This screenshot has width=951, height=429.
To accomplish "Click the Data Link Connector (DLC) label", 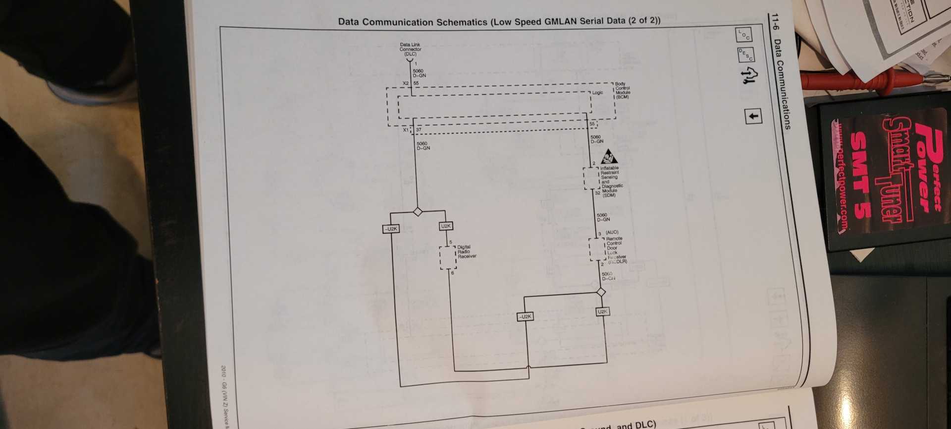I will [410, 49].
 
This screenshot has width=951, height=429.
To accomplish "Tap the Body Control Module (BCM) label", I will [622, 90].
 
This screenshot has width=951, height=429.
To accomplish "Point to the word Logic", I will [597, 93].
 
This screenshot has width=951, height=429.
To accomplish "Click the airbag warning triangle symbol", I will [609, 158].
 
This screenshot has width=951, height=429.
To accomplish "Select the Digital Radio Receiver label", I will [467, 251].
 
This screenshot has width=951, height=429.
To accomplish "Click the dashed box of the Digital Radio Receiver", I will [448, 258].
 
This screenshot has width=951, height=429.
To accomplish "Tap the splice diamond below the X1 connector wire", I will [418, 212].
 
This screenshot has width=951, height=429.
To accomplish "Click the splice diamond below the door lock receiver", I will [601, 292].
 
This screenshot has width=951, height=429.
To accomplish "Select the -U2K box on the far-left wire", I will [391, 229].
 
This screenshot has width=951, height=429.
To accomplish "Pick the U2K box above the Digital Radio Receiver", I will [446, 226].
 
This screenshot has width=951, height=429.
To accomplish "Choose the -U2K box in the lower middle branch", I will [525, 316].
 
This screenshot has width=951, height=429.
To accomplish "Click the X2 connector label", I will [406, 83].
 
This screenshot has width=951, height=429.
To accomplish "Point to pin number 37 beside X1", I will [419, 129].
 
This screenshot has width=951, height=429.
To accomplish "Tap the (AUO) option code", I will [612, 232].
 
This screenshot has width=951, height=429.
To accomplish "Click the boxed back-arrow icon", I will [753, 117].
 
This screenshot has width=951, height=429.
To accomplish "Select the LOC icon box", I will [743, 34].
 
